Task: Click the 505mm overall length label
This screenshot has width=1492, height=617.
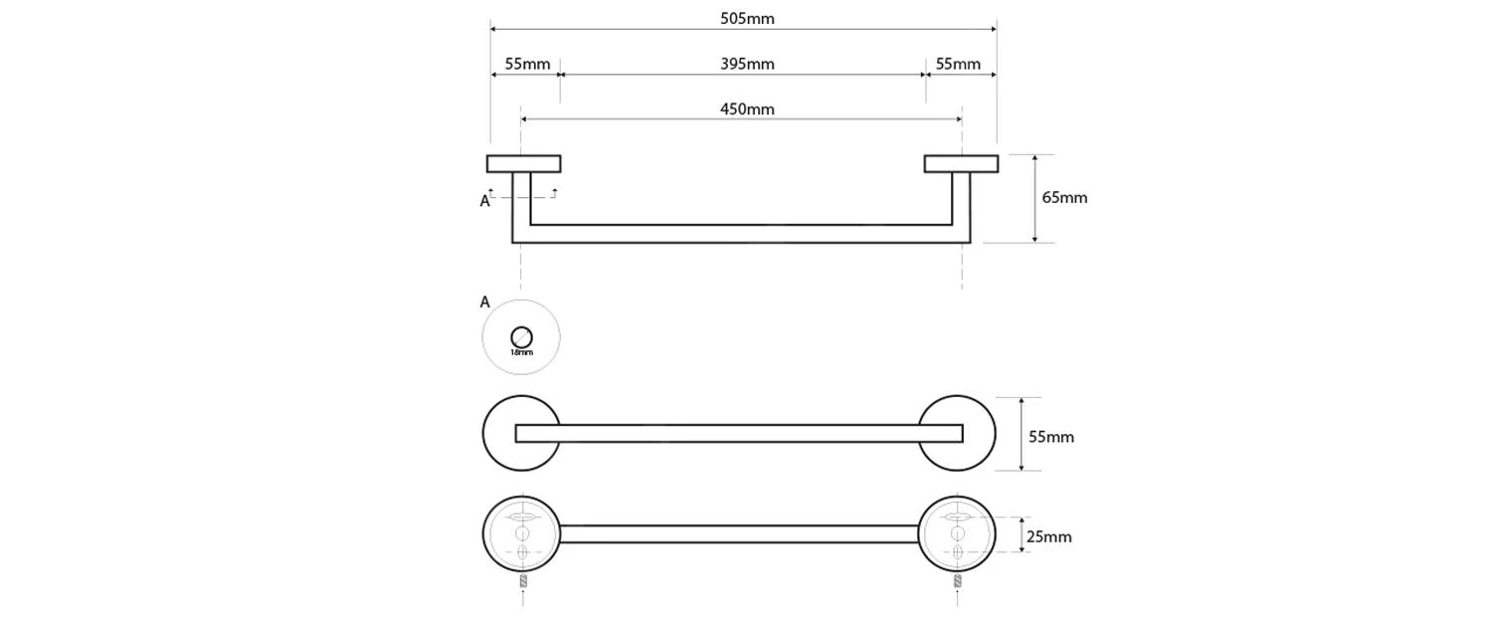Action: (x=747, y=18)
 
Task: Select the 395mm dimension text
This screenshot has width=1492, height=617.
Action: (x=747, y=64)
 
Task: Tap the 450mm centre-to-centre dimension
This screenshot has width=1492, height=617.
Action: (x=747, y=108)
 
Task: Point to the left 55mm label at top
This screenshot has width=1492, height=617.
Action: (x=527, y=64)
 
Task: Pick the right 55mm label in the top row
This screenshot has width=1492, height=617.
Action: (x=958, y=64)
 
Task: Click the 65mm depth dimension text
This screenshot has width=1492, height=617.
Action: (x=1064, y=197)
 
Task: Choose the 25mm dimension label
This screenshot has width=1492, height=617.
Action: (x=1049, y=536)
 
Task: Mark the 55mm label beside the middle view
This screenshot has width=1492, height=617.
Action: (x=1051, y=436)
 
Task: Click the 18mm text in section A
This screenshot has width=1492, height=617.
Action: (x=521, y=352)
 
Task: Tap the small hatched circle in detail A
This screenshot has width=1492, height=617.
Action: (x=521, y=337)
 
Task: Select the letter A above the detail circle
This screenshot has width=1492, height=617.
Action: (x=485, y=302)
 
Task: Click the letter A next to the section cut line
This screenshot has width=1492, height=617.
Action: (x=485, y=201)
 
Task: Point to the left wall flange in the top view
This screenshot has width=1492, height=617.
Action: (x=523, y=164)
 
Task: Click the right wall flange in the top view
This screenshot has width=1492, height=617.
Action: (x=961, y=164)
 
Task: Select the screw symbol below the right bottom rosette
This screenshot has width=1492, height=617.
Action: (x=958, y=579)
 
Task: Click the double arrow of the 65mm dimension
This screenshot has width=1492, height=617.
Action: (x=1035, y=198)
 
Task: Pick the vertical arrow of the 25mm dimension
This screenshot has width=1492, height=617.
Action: (x=1022, y=534)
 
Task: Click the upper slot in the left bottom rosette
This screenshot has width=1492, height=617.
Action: (x=522, y=517)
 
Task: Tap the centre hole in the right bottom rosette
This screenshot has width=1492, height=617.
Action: (x=958, y=534)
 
